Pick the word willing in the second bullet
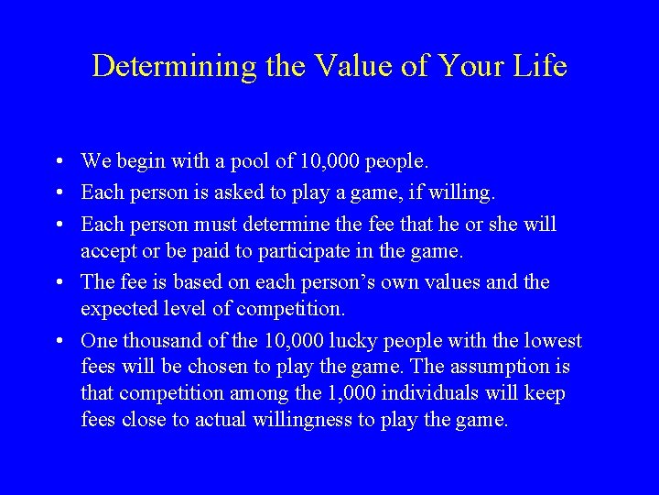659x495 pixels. pos(463,192)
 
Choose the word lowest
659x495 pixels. pos(551,340)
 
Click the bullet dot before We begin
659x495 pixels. pos(58,162)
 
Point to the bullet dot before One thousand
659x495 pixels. pos(58,341)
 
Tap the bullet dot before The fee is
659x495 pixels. pos(58,282)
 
